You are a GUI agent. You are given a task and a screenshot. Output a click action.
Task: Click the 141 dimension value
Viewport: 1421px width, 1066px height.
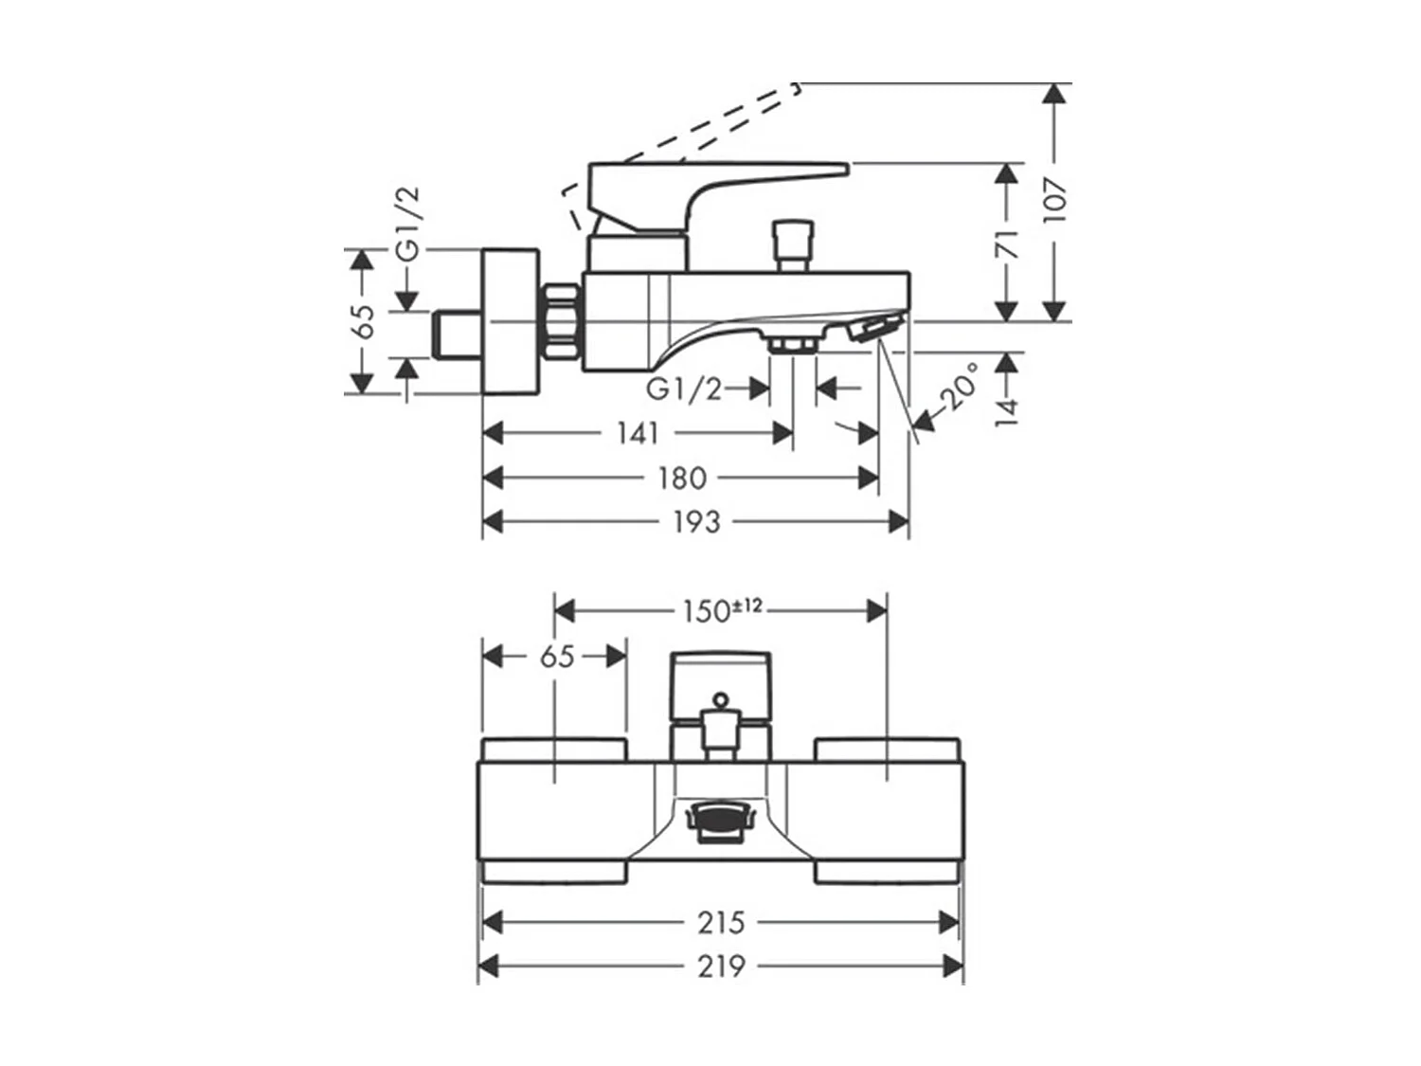tap(638, 433)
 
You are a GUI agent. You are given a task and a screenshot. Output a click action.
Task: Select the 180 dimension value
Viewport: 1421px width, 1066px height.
tap(682, 479)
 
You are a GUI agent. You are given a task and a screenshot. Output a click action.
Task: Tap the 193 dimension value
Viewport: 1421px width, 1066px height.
tap(696, 522)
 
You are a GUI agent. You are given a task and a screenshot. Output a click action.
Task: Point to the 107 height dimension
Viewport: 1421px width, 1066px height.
tap(1054, 200)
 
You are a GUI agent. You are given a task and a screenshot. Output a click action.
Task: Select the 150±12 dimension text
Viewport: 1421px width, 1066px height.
tap(723, 610)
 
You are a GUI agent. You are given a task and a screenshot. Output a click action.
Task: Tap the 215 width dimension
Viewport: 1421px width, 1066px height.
tap(721, 923)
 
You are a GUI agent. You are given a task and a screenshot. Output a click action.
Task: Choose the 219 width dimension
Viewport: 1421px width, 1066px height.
tap(721, 967)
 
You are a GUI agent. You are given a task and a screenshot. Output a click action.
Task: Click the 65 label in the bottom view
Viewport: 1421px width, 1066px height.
tap(557, 657)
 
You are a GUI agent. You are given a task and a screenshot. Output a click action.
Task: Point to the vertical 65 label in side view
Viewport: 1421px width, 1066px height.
tap(366, 321)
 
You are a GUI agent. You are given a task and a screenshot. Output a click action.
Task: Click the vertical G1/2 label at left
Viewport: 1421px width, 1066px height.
tap(408, 224)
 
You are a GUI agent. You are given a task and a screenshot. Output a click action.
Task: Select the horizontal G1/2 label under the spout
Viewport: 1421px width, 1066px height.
tap(684, 389)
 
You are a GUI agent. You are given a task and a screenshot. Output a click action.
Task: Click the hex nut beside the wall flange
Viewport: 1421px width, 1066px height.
tap(560, 321)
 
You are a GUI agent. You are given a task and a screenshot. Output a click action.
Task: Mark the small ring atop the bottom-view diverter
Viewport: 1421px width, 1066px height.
tap(721, 699)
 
